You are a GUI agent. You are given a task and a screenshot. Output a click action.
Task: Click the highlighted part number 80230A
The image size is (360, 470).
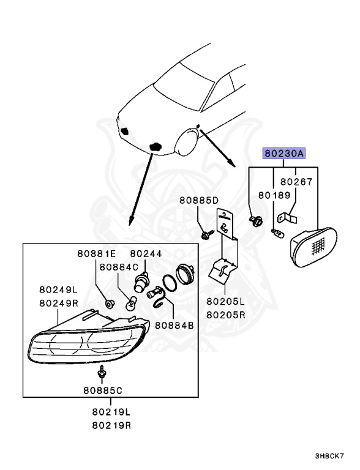tap(284, 154)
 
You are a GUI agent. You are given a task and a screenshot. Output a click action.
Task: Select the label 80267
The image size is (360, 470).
tap(296, 182)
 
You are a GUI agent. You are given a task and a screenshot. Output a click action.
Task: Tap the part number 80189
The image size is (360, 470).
tap(274, 195)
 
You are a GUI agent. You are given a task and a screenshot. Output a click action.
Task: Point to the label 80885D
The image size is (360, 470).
tap(199, 200)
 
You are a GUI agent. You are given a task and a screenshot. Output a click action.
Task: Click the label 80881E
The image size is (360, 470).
tap(97, 253)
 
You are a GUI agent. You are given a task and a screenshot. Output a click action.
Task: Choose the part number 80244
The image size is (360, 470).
tap(146, 253)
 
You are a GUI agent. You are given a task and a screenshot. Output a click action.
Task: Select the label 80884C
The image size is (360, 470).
tap(119, 267)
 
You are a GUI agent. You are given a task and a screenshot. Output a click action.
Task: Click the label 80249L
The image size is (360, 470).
tap(59, 289)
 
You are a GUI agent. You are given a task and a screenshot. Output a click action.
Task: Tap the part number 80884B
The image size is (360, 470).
tap(174, 325)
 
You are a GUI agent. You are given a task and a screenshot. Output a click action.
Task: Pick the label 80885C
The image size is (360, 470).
tap(103, 390)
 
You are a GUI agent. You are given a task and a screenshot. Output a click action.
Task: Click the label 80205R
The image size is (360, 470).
tap(225, 315)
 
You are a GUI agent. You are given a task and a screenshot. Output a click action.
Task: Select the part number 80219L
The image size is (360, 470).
tap(111, 412)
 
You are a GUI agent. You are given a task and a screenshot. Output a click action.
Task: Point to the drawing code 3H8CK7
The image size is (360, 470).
tap(329, 456)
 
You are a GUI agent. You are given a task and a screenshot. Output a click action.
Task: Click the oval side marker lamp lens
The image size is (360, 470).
tap(313, 247)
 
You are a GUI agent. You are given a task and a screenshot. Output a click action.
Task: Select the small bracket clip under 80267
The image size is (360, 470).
tap(287, 218)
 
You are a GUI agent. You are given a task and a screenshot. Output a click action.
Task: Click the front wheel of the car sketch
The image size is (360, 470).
tap(187, 142)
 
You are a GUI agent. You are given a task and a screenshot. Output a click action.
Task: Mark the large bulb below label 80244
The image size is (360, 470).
tap(140, 282)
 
